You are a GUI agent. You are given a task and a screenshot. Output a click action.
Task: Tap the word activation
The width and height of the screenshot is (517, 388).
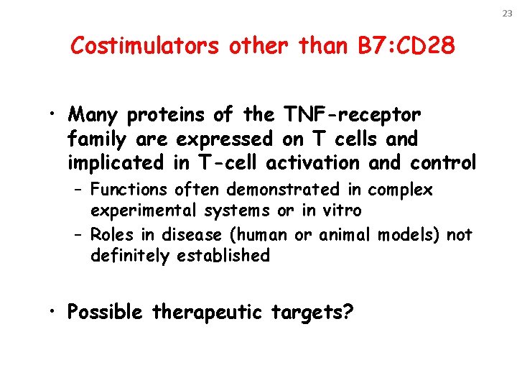coord(314,163)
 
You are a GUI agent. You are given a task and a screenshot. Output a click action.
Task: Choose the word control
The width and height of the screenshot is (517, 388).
coord(443,163)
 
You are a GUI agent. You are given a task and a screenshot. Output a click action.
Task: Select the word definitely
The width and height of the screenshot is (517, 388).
coord(132,256)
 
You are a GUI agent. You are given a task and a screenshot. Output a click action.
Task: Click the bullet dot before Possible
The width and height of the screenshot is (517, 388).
coord(55,314)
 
